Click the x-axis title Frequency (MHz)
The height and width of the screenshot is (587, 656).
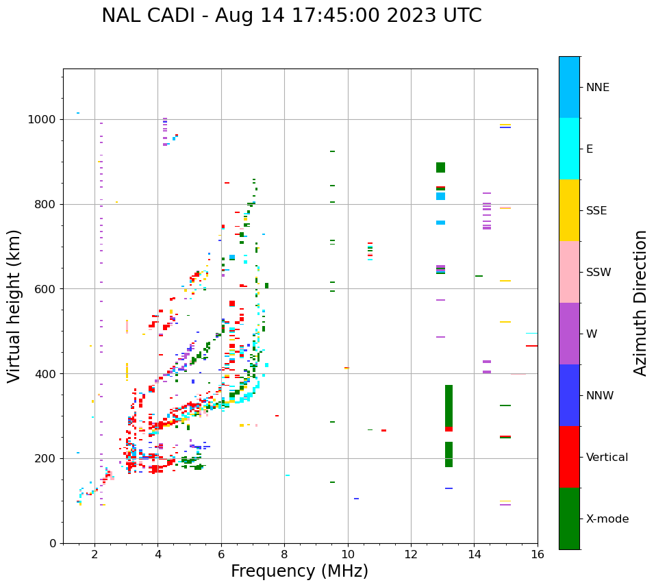click(x=299, y=571)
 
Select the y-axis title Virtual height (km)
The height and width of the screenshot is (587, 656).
click(x=14, y=306)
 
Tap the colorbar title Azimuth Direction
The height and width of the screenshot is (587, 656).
click(x=640, y=303)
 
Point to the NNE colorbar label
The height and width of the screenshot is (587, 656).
click(x=597, y=88)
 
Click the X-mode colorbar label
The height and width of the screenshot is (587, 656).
click(x=607, y=519)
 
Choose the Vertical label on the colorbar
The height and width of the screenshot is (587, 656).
click(x=607, y=458)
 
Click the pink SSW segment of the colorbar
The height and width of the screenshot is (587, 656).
click(x=569, y=272)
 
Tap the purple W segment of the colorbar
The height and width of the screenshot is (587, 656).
click(x=569, y=334)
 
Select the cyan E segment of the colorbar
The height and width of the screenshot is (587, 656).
click(x=569, y=149)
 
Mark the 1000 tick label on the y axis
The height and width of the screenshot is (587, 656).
click(x=43, y=120)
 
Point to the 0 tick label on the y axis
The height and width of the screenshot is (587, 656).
click(x=53, y=543)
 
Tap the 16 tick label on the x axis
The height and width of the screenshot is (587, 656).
click(x=537, y=554)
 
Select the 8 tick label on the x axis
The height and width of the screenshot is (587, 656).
click(x=284, y=554)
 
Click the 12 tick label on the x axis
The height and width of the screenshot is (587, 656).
click(x=411, y=554)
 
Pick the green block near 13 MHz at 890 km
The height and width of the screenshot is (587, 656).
click(x=440, y=167)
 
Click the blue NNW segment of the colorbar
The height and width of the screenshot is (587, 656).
click(x=569, y=395)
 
